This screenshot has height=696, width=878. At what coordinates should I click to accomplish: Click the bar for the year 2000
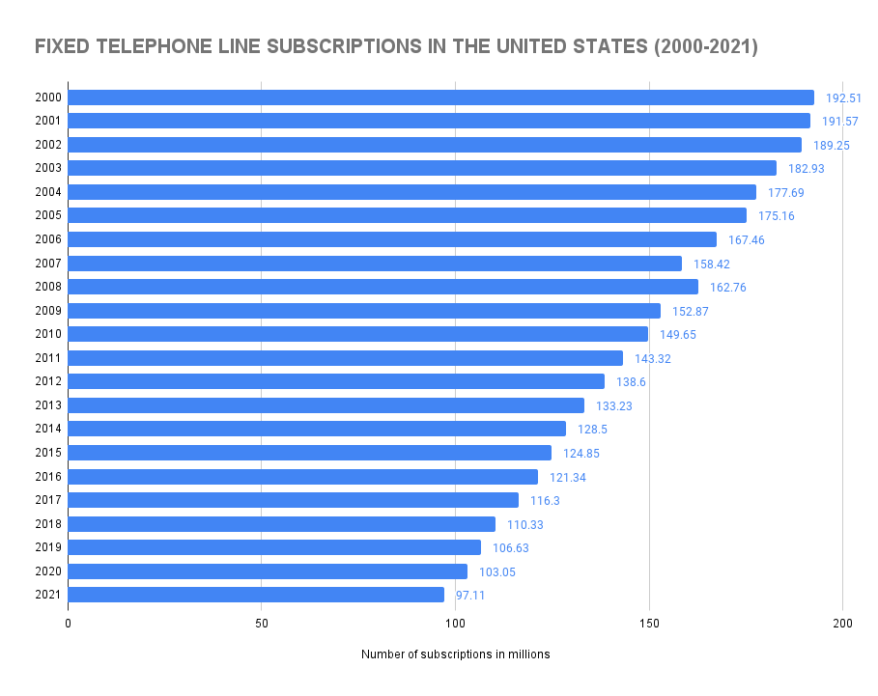pyautogui.click(x=440, y=97)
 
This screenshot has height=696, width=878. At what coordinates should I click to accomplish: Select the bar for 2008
pyautogui.click(x=382, y=287)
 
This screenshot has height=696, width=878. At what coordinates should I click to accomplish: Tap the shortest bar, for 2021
pyautogui.click(x=256, y=595)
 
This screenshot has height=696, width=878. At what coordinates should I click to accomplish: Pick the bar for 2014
pyautogui.click(x=317, y=429)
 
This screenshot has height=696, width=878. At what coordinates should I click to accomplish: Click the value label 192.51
pyautogui.click(x=842, y=97)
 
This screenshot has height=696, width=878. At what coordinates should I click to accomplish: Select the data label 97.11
pyautogui.click(x=470, y=595)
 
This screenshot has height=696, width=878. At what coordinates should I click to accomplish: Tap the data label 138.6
pyautogui.click(x=631, y=381)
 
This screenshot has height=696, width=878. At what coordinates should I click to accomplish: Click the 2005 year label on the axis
pyautogui.click(x=47, y=215)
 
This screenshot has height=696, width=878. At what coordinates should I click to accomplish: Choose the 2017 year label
pyautogui.click(x=47, y=500)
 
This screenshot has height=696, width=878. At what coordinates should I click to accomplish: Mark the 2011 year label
pyautogui.click(x=47, y=358)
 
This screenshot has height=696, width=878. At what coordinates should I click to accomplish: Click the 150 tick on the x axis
pyautogui.click(x=649, y=623)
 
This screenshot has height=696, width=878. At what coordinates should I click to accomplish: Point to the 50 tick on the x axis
pyautogui.click(x=262, y=623)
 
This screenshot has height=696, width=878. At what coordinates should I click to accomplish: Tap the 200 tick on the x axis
pyautogui.click(x=842, y=623)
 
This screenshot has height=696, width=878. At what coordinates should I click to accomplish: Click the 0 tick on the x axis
pyautogui.click(x=69, y=623)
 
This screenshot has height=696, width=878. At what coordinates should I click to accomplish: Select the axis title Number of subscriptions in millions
pyautogui.click(x=455, y=654)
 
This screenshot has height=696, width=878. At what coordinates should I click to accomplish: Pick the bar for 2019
pyautogui.click(x=274, y=547)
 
